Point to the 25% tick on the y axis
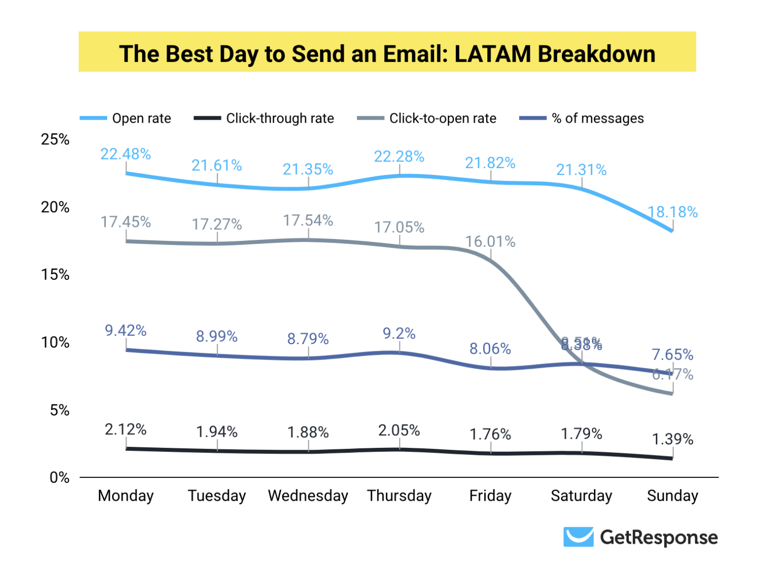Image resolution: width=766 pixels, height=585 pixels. pyautogui.click(x=55, y=140)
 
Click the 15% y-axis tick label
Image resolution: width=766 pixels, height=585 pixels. pyautogui.click(x=55, y=275)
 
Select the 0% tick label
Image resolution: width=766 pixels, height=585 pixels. pyautogui.click(x=59, y=478)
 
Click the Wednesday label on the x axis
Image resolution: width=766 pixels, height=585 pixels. pyautogui.click(x=308, y=496)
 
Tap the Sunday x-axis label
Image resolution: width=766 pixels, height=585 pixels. pyautogui.click(x=672, y=496)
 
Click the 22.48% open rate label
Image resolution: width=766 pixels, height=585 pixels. pyautogui.click(x=126, y=154)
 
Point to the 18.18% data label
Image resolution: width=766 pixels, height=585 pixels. pyautogui.click(x=672, y=212)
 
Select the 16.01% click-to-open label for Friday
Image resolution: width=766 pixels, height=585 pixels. pyautogui.click(x=490, y=242)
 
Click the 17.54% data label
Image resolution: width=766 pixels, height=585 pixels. pyautogui.click(x=308, y=220)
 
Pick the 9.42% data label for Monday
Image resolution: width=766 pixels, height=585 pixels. pyautogui.click(x=126, y=331)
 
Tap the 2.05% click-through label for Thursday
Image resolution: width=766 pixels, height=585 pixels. pyautogui.click(x=399, y=430)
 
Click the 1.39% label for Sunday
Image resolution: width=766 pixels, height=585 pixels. pyautogui.click(x=672, y=439)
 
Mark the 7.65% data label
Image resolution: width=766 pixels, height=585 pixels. pyautogui.click(x=672, y=355)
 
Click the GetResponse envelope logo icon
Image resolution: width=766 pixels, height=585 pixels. pyautogui.click(x=578, y=537)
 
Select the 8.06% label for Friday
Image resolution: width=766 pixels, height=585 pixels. pyautogui.click(x=490, y=349)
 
